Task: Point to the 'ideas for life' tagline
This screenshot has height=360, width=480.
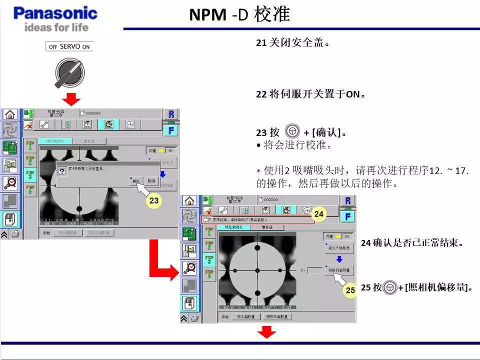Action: [x=56, y=26]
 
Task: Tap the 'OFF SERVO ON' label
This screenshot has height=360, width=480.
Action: [x=69, y=46]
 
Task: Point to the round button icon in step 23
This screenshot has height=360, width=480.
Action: [x=292, y=131]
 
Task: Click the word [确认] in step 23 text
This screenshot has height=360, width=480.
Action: [x=326, y=132]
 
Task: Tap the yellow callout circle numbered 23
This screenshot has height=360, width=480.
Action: [x=154, y=201]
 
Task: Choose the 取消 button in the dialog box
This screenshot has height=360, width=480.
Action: [x=150, y=180]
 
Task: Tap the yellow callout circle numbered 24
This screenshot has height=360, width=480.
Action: [x=319, y=214]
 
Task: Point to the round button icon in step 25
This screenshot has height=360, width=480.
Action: [x=390, y=287]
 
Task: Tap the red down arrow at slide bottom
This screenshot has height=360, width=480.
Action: [x=266, y=331]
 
